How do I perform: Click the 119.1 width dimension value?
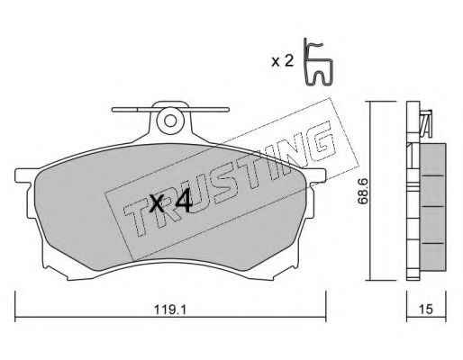(x=170, y=309)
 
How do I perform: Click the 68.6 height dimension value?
(x=363, y=191)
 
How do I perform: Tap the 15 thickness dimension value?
(x=426, y=309)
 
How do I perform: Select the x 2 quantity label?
(x=282, y=61)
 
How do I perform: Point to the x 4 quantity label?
(x=170, y=203)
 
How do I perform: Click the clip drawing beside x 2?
(x=318, y=62)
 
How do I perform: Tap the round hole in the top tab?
(x=170, y=121)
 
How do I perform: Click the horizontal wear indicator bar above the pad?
(x=170, y=110)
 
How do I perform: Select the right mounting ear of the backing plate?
(x=316, y=175)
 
